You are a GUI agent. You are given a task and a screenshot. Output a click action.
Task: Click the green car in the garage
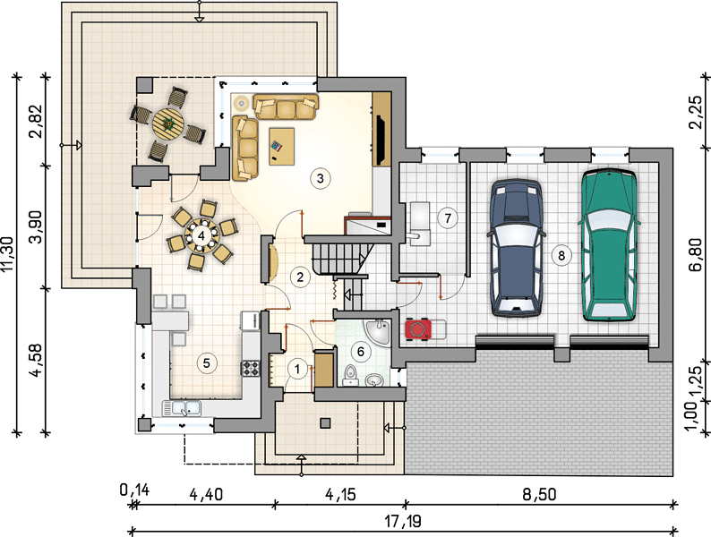[x=608, y=245]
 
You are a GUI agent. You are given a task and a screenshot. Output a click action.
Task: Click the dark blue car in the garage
[x=516, y=247]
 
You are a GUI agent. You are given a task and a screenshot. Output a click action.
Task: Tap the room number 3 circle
[x=321, y=178]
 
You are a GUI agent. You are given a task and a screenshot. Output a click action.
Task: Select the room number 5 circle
[x=207, y=363]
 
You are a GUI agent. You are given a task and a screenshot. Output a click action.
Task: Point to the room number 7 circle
[x=448, y=218]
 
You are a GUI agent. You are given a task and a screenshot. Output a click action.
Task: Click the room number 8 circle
[x=561, y=256]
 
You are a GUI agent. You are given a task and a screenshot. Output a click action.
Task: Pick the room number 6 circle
[x=361, y=352]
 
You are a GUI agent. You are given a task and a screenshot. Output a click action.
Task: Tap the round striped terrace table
[x=168, y=123]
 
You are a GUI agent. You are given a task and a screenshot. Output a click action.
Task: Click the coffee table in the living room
[x=281, y=147]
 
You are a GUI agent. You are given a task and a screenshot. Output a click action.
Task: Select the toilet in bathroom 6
[x=350, y=376]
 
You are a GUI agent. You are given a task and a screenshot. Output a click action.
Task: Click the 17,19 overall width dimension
[x=403, y=521]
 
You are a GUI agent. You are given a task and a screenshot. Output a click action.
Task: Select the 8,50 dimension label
[x=540, y=494]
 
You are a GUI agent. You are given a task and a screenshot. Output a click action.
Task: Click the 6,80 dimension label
[x=697, y=255]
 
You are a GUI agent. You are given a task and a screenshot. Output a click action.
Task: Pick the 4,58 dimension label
[x=37, y=361]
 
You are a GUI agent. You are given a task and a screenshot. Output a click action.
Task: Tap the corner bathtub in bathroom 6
[x=379, y=331]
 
